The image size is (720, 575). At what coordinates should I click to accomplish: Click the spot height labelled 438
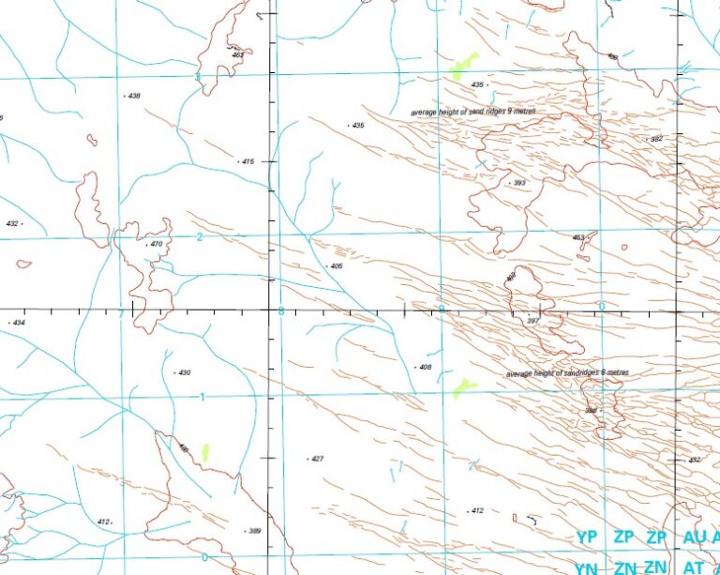pyautogui.click(x=133, y=96)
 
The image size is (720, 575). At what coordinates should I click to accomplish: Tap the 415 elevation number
pyautogui.click(x=247, y=161)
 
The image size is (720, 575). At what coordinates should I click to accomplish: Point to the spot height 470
pyautogui.click(x=156, y=244)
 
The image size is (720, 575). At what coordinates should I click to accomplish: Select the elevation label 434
pyautogui.click(x=19, y=323)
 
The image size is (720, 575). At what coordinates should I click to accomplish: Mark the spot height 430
pyautogui.click(x=184, y=372)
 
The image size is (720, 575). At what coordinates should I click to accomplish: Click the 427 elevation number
pyautogui.click(x=317, y=459)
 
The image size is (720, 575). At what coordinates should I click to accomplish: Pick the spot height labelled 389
pyautogui.click(x=254, y=531)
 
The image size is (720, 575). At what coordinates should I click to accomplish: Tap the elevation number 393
pyautogui.click(x=518, y=183)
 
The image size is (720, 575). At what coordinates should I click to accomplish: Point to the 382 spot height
pyautogui.click(x=656, y=138)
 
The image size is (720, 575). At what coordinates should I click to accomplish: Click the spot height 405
pyautogui.click(x=337, y=266)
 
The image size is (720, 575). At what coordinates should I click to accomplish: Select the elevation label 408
pyautogui.click(x=425, y=367)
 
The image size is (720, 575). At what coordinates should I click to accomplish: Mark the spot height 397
pyautogui.click(x=533, y=321)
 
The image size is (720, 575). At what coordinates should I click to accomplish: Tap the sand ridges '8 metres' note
pyautogui.click(x=567, y=372)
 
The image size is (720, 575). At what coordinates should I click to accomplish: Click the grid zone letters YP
pyautogui.click(x=587, y=537)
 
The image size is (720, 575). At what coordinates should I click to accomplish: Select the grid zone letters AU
pyautogui.click(x=695, y=537)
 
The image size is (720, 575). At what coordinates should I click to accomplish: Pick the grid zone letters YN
pyautogui.click(x=587, y=567)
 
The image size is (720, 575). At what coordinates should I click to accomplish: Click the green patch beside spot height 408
pyautogui.click(x=464, y=386)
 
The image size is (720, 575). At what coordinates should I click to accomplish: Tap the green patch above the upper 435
pyautogui.click(x=463, y=66)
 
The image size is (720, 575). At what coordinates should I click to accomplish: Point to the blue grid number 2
pyautogui.click(x=199, y=236)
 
